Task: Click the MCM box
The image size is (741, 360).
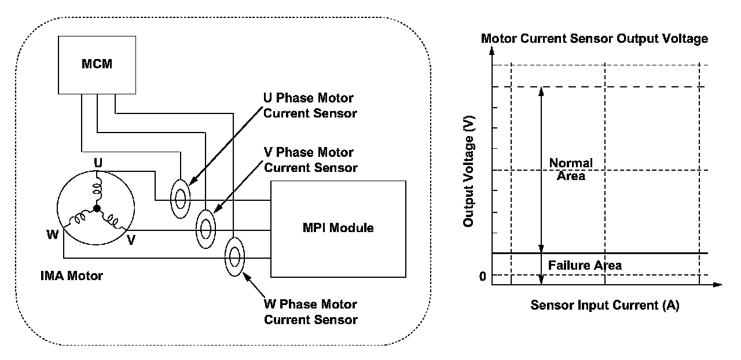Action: click(96, 65)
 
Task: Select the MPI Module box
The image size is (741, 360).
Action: click(338, 228)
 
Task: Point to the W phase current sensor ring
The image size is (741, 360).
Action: click(235, 255)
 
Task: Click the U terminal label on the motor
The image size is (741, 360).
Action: click(98, 164)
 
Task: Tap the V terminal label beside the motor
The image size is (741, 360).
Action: click(131, 240)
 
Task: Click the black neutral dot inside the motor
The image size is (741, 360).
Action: click(97, 208)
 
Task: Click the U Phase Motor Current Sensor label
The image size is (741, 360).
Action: click(310, 106)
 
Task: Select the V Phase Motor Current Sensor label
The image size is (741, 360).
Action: click(310, 160)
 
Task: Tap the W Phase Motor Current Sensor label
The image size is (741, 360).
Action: click(310, 312)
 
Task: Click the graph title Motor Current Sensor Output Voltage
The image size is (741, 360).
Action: click(595, 39)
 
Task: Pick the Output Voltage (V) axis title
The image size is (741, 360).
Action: click(469, 172)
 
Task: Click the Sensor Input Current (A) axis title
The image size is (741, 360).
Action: click(604, 306)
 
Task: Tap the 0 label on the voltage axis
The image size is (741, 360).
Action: click(482, 276)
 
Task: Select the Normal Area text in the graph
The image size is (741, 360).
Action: click(571, 169)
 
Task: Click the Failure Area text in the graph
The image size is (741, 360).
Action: click(585, 266)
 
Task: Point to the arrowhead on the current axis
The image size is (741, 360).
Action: click(718, 285)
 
